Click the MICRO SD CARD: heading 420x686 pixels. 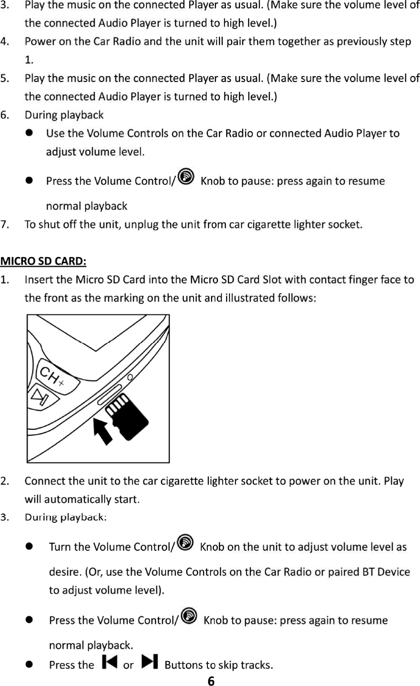click(44, 261)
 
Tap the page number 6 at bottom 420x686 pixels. click(211, 681)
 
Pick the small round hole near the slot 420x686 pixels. click(130, 377)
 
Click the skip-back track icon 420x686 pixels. click(109, 661)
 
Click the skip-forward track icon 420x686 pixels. click(150, 661)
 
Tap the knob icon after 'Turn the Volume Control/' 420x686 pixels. click(185, 543)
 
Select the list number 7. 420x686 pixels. click(5, 224)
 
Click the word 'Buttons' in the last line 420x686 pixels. click(183, 665)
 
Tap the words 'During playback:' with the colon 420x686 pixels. click(65, 517)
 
